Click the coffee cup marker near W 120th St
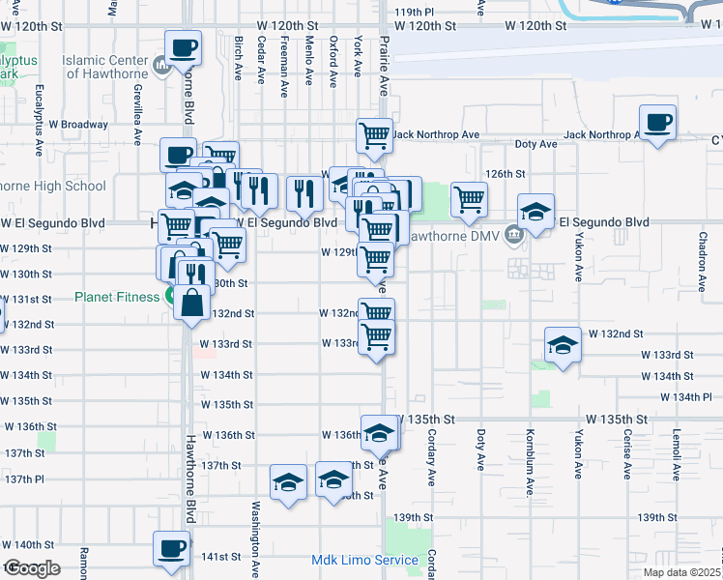(183, 47)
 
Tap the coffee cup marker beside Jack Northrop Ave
(658, 123)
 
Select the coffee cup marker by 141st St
(171, 549)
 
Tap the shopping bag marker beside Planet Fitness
(192, 303)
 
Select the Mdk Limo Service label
(364, 561)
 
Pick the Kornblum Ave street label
(530, 454)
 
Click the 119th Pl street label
(416, 12)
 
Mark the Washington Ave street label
(256, 530)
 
